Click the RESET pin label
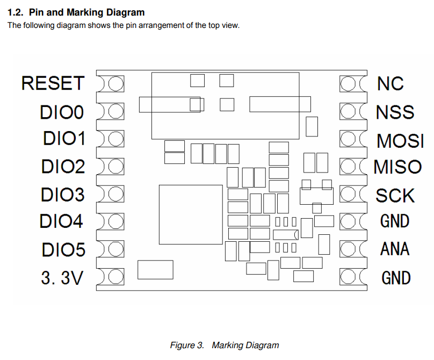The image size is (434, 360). click(x=53, y=83)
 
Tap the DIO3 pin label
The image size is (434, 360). click(x=63, y=194)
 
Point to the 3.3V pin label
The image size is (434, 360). click(x=62, y=278)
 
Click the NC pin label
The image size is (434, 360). click(x=390, y=83)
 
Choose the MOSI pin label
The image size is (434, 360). click(x=400, y=140)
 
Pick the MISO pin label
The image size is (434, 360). click(x=398, y=167)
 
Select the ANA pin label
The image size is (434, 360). click(x=395, y=249)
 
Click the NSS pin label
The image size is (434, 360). click(x=395, y=112)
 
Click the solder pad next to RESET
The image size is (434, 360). click(x=114, y=84)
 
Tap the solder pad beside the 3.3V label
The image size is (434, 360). click(x=114, y=277)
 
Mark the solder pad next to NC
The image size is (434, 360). click(x=349, y=84)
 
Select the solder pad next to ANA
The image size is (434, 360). click(x=349, y=249)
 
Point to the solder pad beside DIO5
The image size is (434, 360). click(x=114, y=249)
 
